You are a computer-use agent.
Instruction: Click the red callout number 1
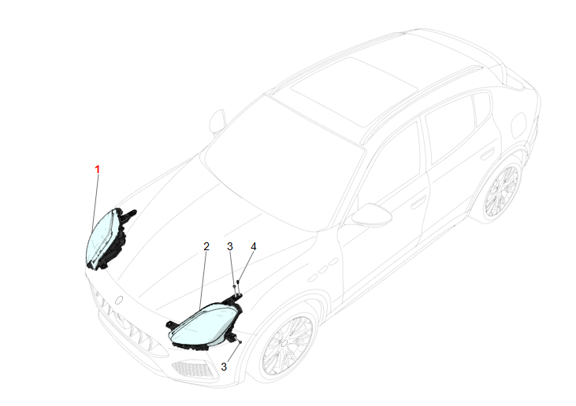click(x=98, y=170)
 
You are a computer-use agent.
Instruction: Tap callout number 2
click(x=206, y=246)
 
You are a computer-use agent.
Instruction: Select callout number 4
click(x=254, y=246)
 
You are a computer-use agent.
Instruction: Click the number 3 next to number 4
click(x=230, y=246)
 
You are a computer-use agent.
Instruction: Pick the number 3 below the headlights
click(x=224, y=367)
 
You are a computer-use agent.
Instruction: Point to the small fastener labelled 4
click(x=238, y=282)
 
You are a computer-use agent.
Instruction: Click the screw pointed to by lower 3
click(x=240, y=341)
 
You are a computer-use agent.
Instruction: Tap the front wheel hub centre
click(x=284, y=343)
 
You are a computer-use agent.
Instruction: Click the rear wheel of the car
click(x=502, y=190)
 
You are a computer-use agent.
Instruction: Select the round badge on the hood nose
click(x=119, y=300)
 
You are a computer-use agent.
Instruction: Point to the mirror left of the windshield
click(x=217, y=120)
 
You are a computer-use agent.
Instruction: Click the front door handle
click(x=418, y=202)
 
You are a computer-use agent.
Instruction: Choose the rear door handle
click(x=488, y=153)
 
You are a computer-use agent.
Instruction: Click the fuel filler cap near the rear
click(x=518, y=124)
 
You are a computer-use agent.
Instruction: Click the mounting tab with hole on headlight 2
click(x=171, y=325)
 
